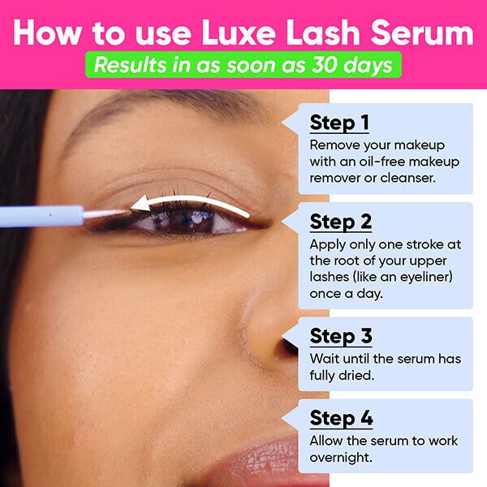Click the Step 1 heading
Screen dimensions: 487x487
point(339,123)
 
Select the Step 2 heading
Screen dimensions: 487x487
point(341,222)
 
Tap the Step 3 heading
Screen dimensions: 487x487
point(341,336)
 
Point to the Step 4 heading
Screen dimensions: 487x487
point(341,419)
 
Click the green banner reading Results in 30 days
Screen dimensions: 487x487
point(243,65)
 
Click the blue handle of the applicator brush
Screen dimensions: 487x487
point(41,216)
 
